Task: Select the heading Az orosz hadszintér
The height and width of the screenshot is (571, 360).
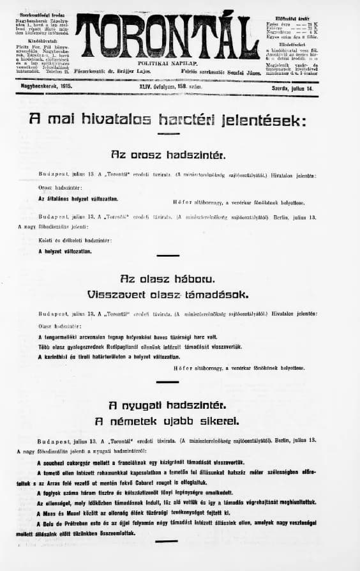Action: tap(167, 155)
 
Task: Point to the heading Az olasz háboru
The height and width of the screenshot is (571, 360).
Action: tap(167, 279)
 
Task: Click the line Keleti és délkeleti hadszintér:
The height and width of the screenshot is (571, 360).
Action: tap(75, 240)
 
